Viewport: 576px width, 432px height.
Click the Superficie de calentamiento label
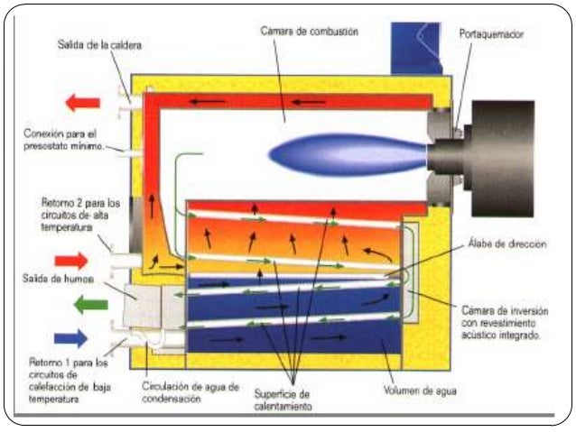pos(291,399)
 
